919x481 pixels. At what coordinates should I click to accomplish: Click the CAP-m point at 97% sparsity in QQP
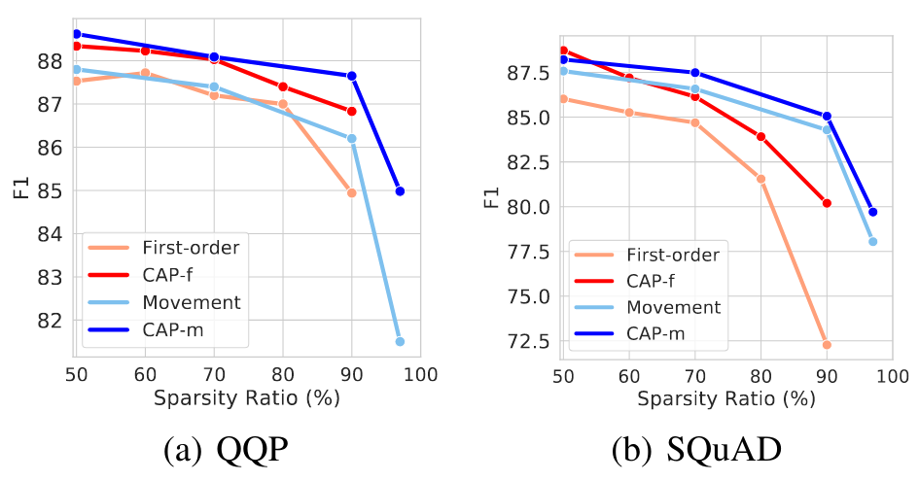click(x=400, y=190)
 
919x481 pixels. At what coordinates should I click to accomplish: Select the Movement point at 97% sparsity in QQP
click(x=400, y=341)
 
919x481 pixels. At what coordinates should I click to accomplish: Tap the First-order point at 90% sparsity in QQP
click(x=351, y=192)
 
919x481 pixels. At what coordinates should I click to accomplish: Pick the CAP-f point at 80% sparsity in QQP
click(x=283, y=86)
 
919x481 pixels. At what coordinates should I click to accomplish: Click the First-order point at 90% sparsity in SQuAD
click(x=827, y=344)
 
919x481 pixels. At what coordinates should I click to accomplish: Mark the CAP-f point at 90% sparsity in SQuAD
click(x=827, y=203)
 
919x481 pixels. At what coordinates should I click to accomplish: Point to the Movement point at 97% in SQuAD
click(x=872, y=241)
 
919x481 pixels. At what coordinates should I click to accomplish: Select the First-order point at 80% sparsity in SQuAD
click(x=760, y=179)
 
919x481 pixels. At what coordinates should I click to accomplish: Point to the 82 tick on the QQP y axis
click(x=51, y=320)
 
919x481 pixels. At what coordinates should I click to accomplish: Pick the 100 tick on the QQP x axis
click(x=420, y=373)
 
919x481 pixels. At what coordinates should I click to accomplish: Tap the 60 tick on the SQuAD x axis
click(x=630, y=373)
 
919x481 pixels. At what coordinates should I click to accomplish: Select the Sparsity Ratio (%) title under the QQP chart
click(x=247, y=398)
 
